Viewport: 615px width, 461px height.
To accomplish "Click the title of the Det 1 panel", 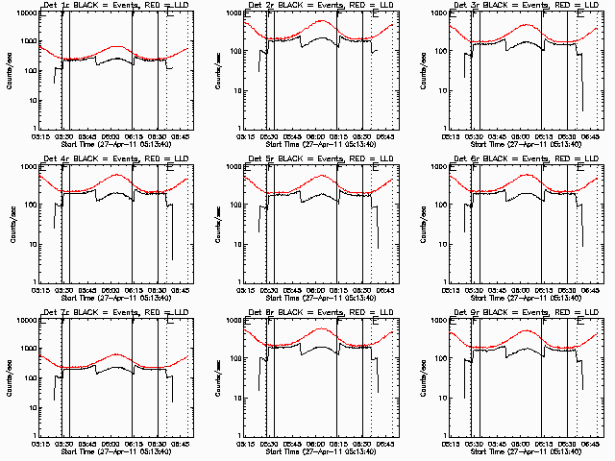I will point(115,7).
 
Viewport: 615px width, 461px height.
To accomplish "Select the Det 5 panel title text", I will point(321,160).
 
